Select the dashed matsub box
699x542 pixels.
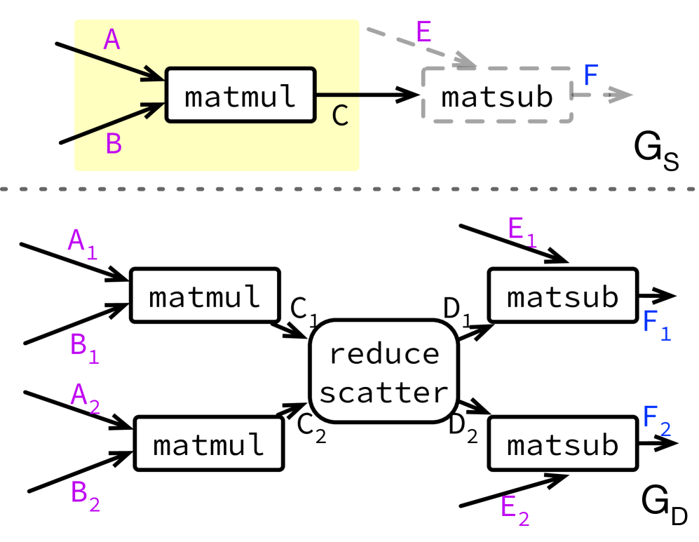[x=497, y=97]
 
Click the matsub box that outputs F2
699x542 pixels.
[x=562, y=443]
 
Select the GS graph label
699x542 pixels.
[x=656, y=151]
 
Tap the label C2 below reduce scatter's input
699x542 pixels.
[x=311, y=428]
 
